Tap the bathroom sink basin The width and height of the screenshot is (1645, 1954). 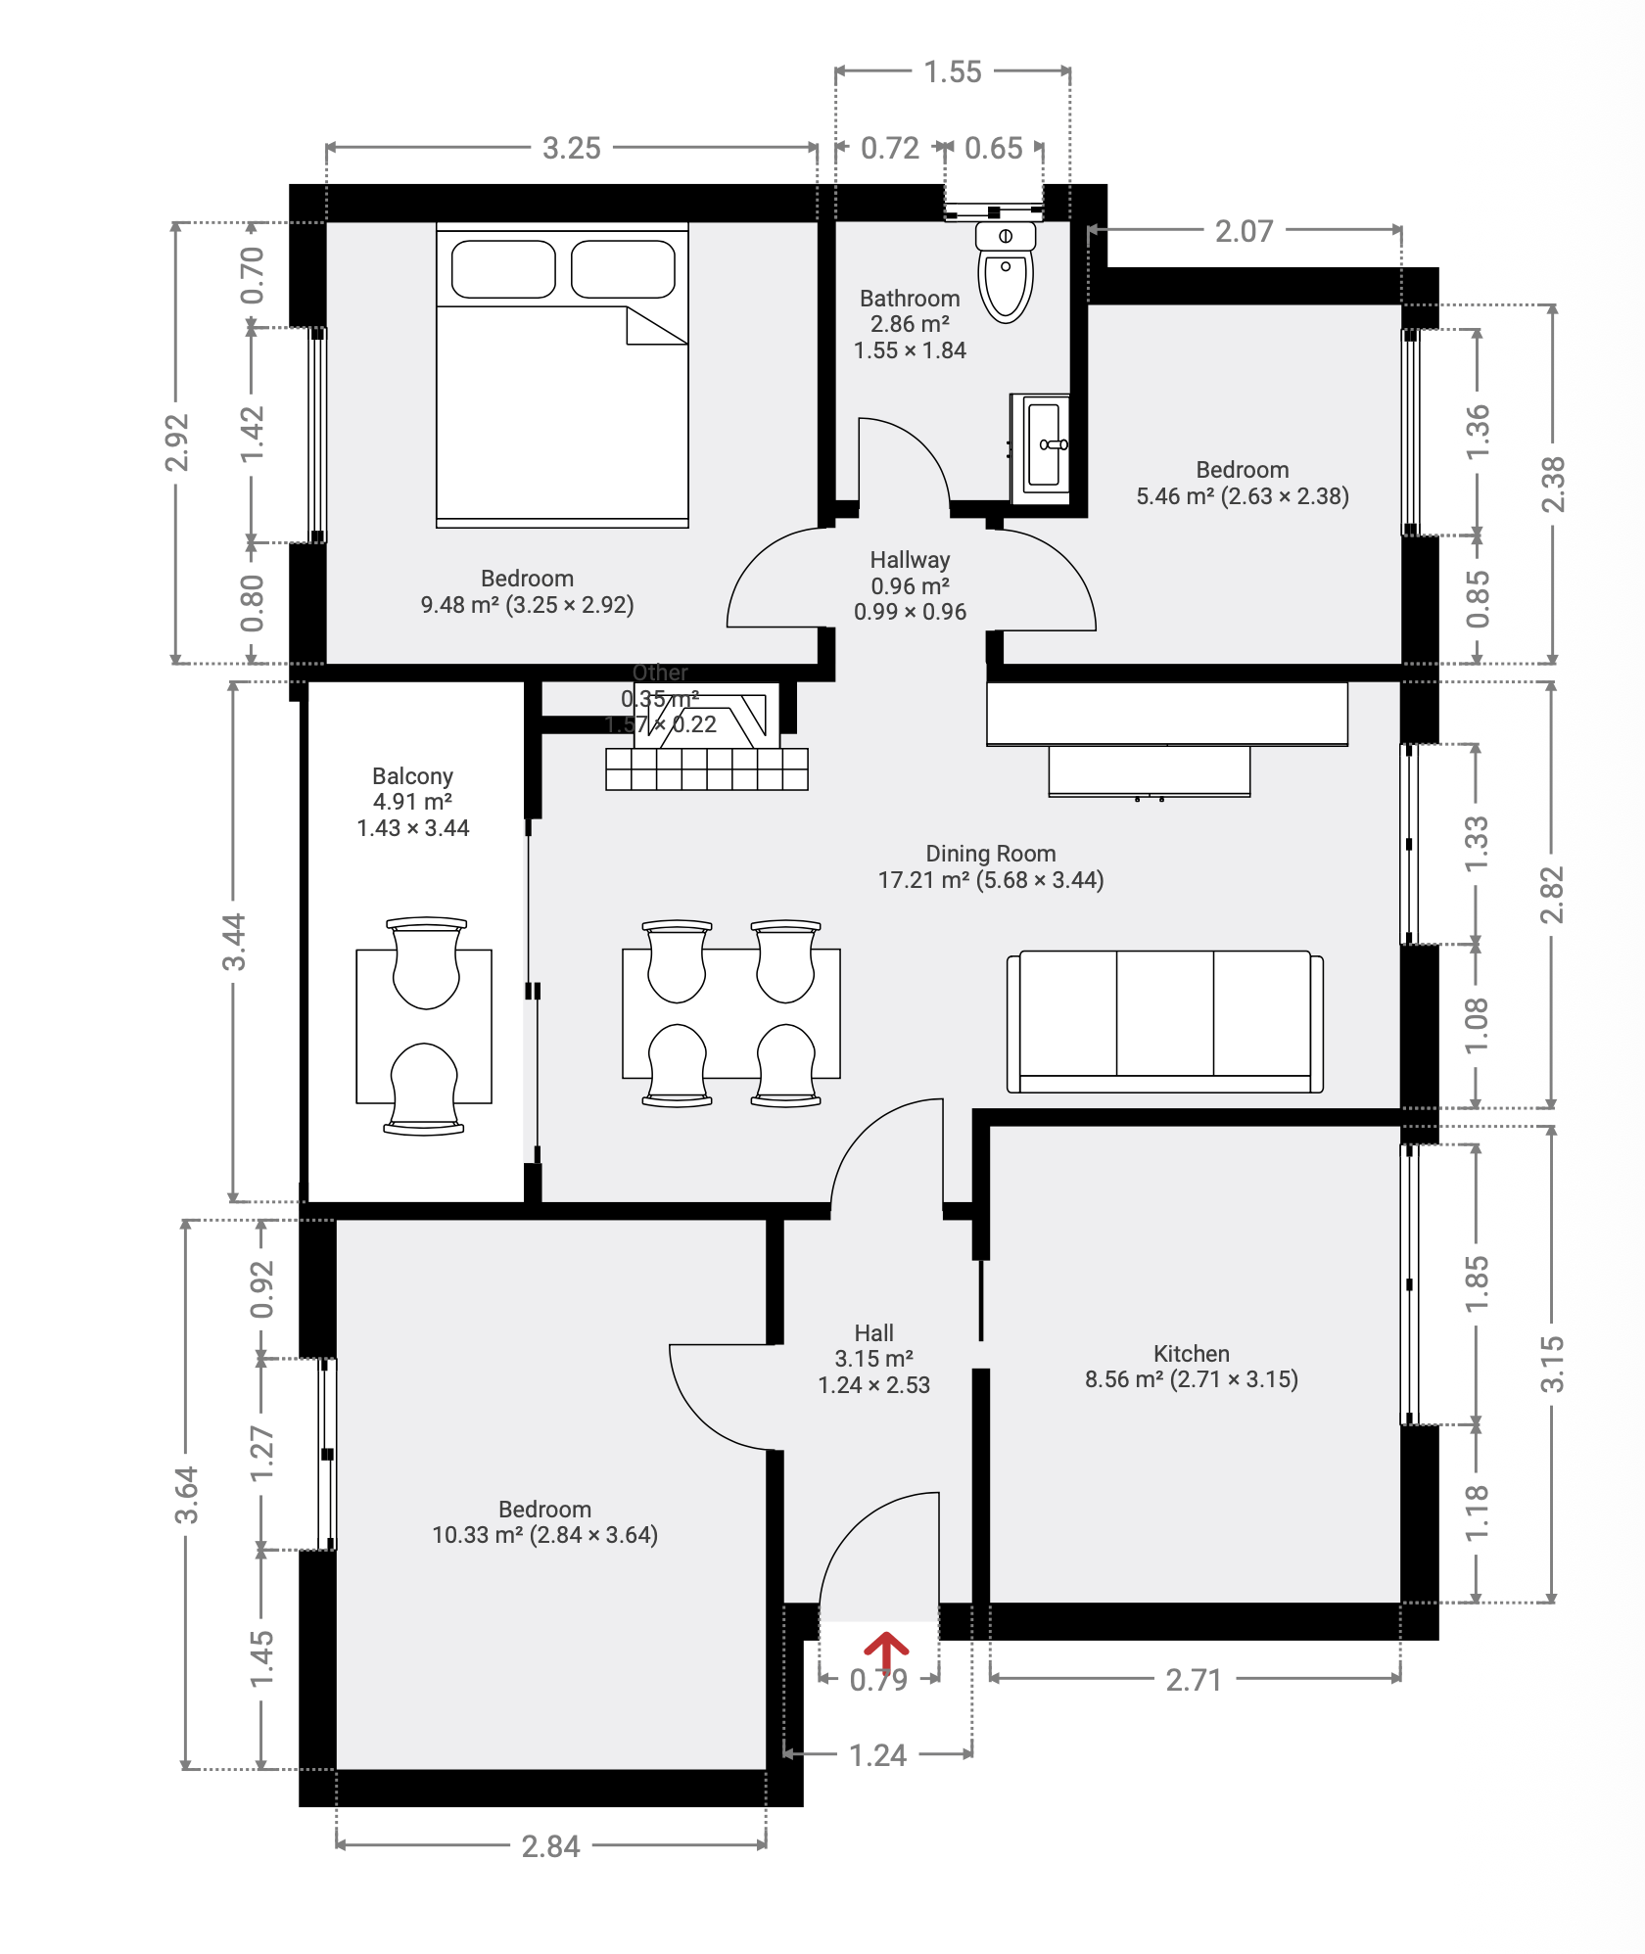1047,444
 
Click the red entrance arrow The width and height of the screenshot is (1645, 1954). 885,1652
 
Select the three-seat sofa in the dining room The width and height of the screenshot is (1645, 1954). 1164,1021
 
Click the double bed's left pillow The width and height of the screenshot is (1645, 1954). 503,269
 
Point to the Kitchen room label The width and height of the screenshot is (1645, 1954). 1191,1354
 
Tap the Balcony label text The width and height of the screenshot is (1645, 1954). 412,776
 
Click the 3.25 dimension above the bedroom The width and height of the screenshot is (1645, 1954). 571,149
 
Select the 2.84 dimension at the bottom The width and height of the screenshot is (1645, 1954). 550,1846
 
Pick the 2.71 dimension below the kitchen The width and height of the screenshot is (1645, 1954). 1194,1681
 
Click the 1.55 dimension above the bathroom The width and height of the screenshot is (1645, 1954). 952,72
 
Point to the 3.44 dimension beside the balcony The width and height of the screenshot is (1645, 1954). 233,942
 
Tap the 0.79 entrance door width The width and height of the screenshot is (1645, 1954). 878,1681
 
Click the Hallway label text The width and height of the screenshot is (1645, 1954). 910,560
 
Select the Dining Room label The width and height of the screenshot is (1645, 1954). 990,854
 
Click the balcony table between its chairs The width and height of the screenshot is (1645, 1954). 424,1026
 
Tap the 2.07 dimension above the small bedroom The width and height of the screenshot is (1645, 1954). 1244,232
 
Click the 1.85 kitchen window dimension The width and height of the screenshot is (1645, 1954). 1477,1283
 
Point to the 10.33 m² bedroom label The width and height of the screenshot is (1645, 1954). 544,1522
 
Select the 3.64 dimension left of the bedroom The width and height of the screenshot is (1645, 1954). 186,1495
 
